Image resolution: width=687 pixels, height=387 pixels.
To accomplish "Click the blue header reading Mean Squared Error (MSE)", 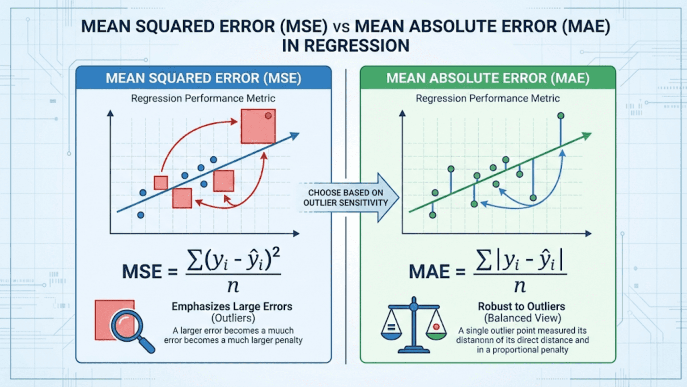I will [x=204, y=78].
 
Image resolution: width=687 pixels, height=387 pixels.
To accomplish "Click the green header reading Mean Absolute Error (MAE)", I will [x=488, y=78].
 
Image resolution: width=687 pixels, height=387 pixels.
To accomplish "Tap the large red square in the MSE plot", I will [x=258, y=126].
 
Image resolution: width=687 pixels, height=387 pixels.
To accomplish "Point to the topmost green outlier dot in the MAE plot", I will [x=560, y=116].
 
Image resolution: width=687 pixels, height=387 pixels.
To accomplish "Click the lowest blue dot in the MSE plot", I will [x=140, y=215].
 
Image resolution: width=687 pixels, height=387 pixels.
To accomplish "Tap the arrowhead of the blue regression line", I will [x=294, y=135].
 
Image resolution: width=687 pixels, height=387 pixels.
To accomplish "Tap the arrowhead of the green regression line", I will [x=587, y=135].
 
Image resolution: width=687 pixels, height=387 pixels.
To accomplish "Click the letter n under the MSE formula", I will [x=233, y=286].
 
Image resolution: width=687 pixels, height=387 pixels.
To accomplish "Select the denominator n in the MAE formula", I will [x=520, y=286].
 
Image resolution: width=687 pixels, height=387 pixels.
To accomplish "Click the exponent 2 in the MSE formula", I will [x=276, y=253].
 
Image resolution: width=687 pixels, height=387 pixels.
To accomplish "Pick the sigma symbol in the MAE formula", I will [x=484, y=260].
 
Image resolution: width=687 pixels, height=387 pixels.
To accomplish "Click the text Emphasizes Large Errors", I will [x=232, y=306].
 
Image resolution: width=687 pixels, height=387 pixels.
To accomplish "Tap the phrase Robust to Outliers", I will [x=521, y=306].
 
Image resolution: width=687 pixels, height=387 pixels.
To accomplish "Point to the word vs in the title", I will [x=341, y=26].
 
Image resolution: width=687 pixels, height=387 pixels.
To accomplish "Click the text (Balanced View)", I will [x=522, y=318].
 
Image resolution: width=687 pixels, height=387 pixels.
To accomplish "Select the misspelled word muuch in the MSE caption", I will [x=280, y=331].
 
